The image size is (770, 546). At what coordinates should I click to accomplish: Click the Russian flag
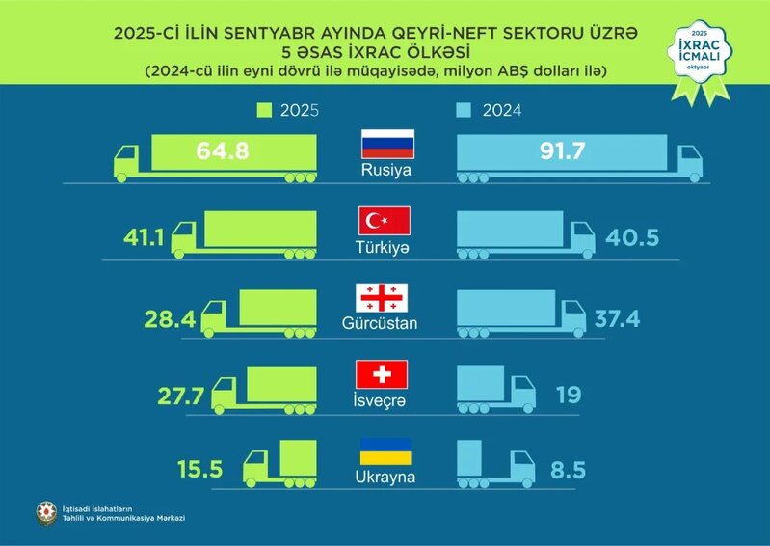386,144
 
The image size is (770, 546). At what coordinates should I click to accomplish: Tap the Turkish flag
385,221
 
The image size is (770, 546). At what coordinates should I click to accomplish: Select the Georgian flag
383,298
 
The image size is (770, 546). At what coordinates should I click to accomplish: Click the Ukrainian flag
385,450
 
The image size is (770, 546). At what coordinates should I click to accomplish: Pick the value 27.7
180,394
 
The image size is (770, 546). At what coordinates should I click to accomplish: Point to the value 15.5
200,470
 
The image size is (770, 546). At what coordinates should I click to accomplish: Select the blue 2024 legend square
461,111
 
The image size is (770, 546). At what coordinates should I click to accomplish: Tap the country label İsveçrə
383,399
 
